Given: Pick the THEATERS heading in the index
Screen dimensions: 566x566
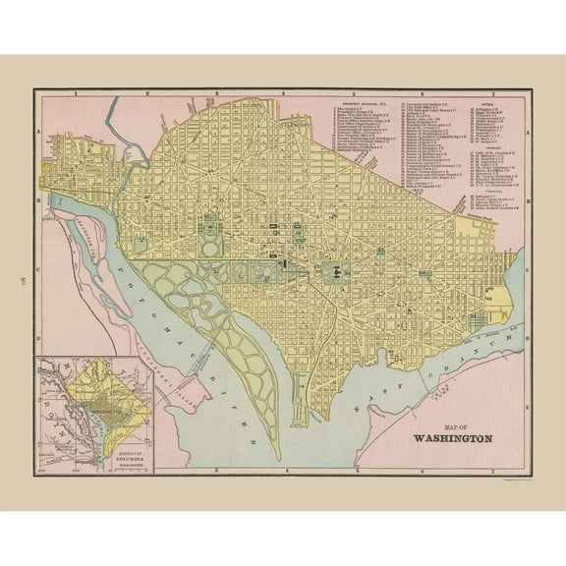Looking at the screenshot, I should (x=488, y=192).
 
